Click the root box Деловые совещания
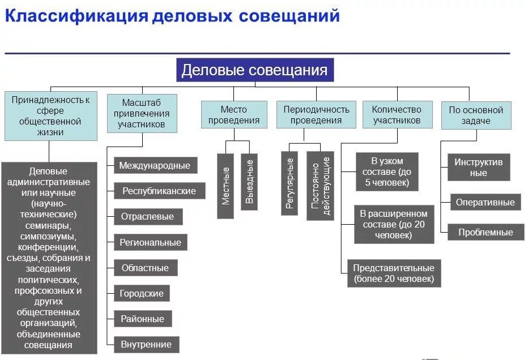254,70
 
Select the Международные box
155,166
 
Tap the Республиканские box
159,191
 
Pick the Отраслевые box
147,216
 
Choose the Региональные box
150,242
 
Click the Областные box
145,268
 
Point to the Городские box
142,293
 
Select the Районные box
142,319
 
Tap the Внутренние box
146,344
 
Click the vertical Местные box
225,186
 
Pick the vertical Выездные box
249,182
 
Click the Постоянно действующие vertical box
320,185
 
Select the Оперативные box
485,202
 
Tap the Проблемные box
485,232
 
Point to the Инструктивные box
478,167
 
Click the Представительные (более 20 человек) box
394,273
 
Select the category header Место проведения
233,114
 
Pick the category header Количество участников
397,114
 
